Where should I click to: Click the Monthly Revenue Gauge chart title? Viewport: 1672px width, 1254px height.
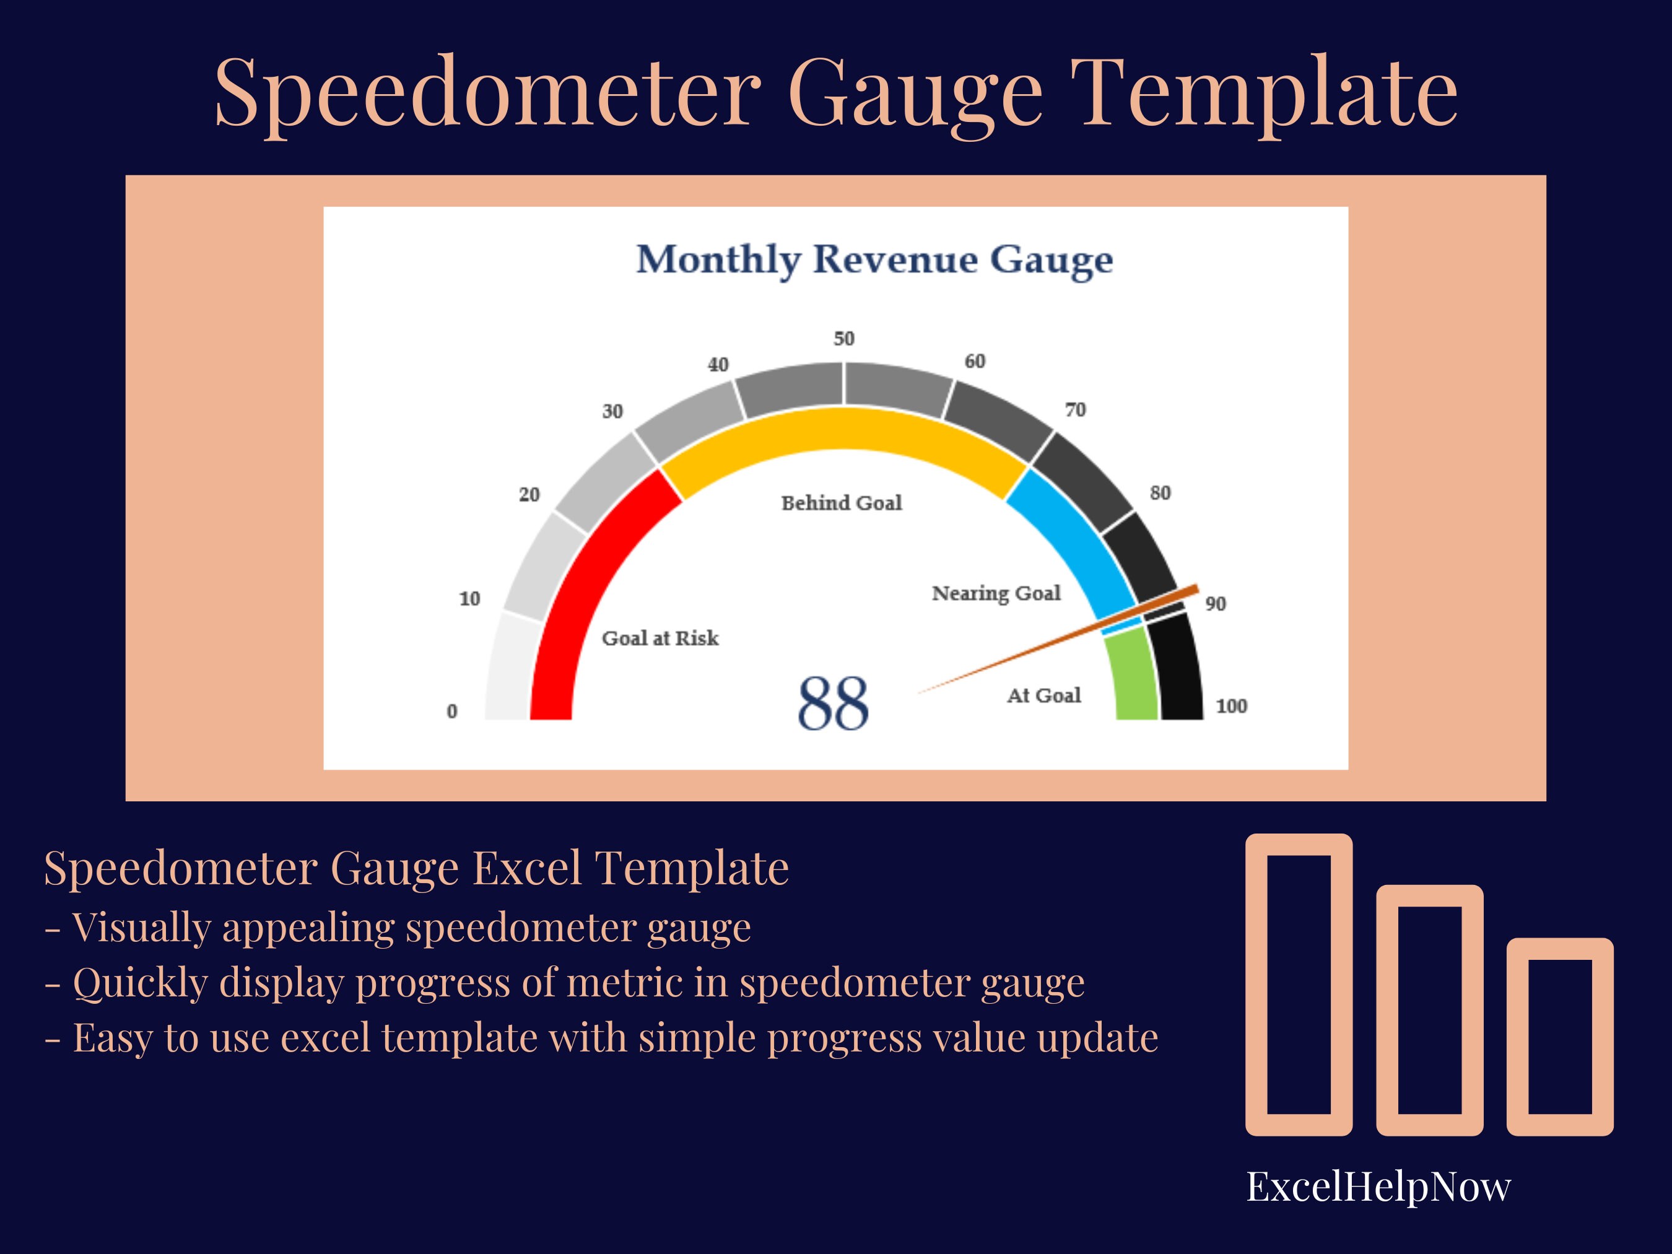[874, 259]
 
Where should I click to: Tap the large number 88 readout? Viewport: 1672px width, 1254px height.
[833, 703]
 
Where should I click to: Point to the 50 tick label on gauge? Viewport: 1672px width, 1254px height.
[843, 339]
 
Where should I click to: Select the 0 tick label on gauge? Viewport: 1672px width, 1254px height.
[452, 712]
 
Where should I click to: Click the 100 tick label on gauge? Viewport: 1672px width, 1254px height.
[1230, 706]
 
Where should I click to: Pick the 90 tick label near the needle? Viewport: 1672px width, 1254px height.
[1216, 603]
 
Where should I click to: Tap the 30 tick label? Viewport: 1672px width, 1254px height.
[612, 411]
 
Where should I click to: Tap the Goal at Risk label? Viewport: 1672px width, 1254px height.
[660, 638]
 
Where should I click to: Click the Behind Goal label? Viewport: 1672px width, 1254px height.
[842, 503]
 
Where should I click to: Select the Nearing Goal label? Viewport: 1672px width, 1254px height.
[996, 593]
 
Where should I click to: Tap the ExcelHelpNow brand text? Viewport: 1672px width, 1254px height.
[1378, 1187]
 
